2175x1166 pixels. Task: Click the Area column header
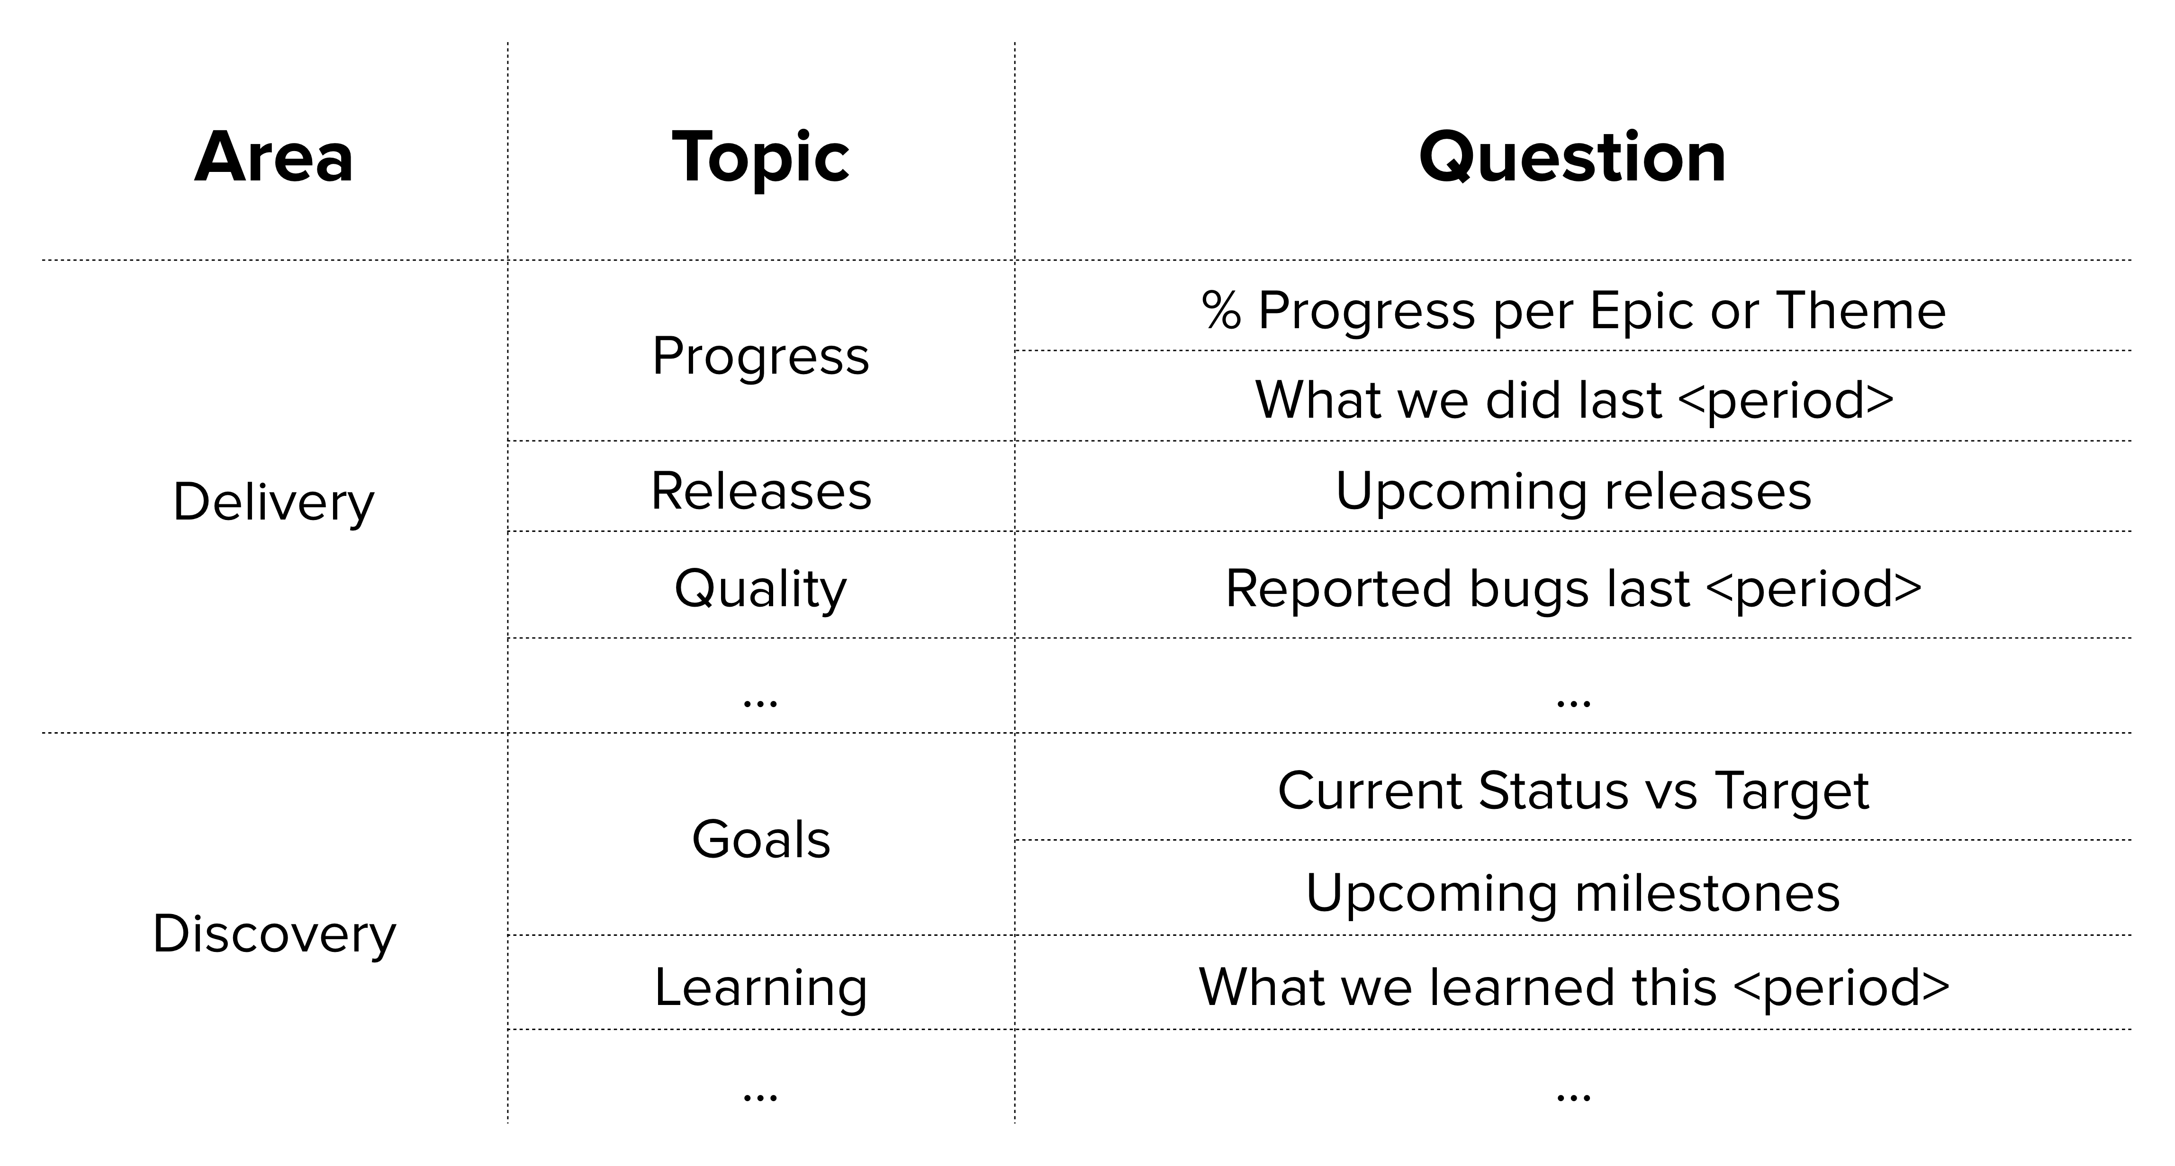point(273,157)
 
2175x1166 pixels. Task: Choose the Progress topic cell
point(760,356)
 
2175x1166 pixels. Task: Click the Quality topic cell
point(760,589)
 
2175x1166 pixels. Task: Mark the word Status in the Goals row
point(1553,791)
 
